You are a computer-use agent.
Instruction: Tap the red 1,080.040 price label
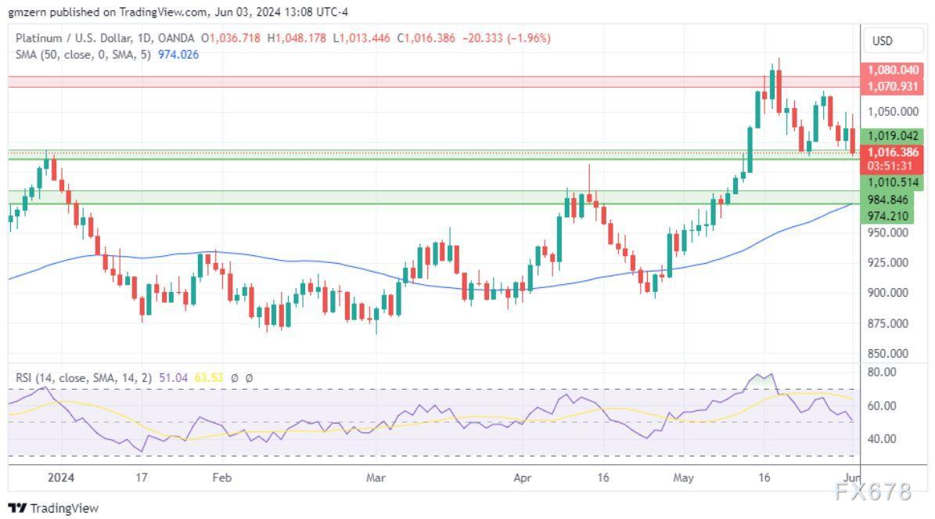point(893,70)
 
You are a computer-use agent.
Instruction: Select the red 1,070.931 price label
point(893,86)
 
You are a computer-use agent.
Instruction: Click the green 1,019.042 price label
point(893,135)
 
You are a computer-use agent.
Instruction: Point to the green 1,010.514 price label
point(893,182)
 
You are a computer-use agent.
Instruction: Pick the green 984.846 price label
point(893,200)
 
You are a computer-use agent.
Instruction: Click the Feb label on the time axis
point(221,476)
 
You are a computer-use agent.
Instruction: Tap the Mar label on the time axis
point(376,476)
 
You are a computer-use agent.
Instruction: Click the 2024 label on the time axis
point(59,476)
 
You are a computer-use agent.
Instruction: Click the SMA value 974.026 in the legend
point(178,54)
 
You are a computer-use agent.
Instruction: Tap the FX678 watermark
point(873,492)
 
